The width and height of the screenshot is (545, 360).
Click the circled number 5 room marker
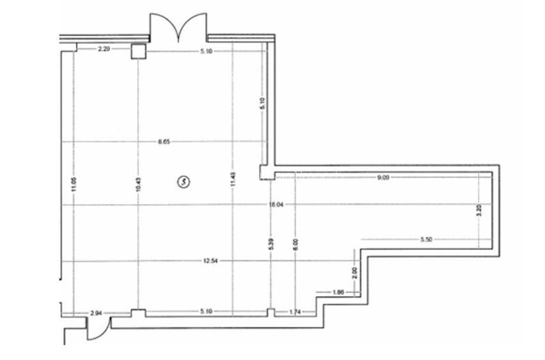(x=185, y=182)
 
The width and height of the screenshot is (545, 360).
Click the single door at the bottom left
(x=94, y=329)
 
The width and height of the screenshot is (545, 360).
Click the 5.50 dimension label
(x=427, y=239)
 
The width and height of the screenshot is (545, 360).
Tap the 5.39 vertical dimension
(x=272, y=244)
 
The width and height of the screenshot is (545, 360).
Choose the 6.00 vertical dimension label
(x=295, y=244)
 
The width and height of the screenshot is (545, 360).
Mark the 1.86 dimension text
(x=339, y=292)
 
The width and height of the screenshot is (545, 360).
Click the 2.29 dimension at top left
(x=105, y=48)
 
